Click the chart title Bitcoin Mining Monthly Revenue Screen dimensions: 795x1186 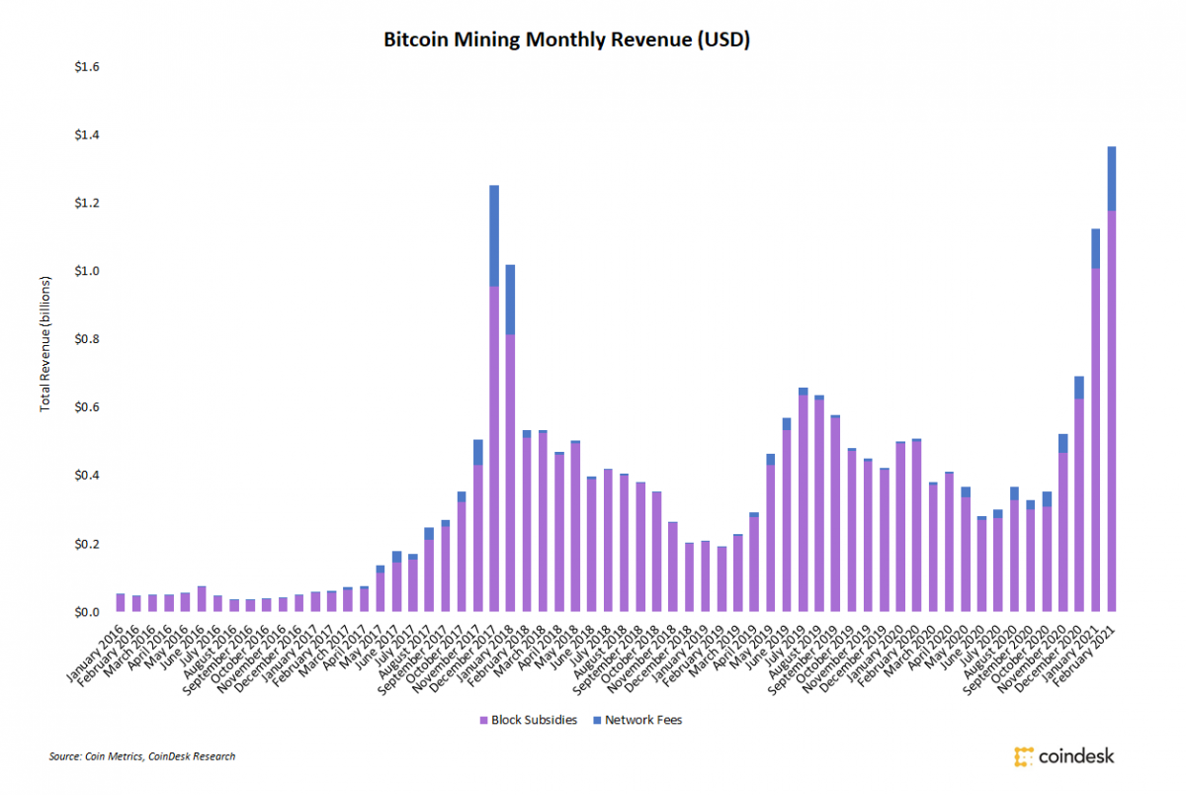click(x=566, y=40)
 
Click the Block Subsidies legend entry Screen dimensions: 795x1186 click(x=535, y=720)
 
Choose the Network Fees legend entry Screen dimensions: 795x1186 click(x=639, y=720)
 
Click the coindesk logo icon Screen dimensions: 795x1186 click(x=1023, y=756)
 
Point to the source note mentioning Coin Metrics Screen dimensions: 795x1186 click(x=142, y=756)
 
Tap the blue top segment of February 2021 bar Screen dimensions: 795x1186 click(x=1112, y=178)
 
